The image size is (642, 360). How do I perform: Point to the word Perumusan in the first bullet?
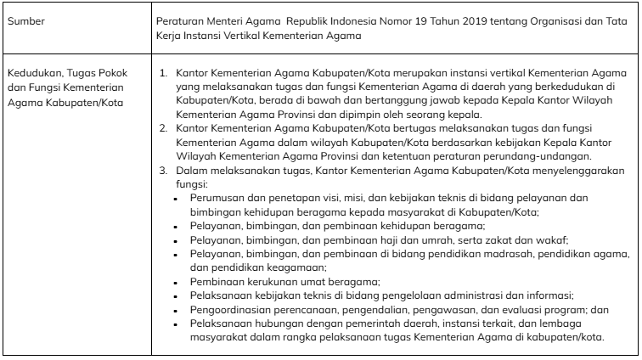tap(217, 198)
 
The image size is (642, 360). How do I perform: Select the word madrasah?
tap(470, 254)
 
